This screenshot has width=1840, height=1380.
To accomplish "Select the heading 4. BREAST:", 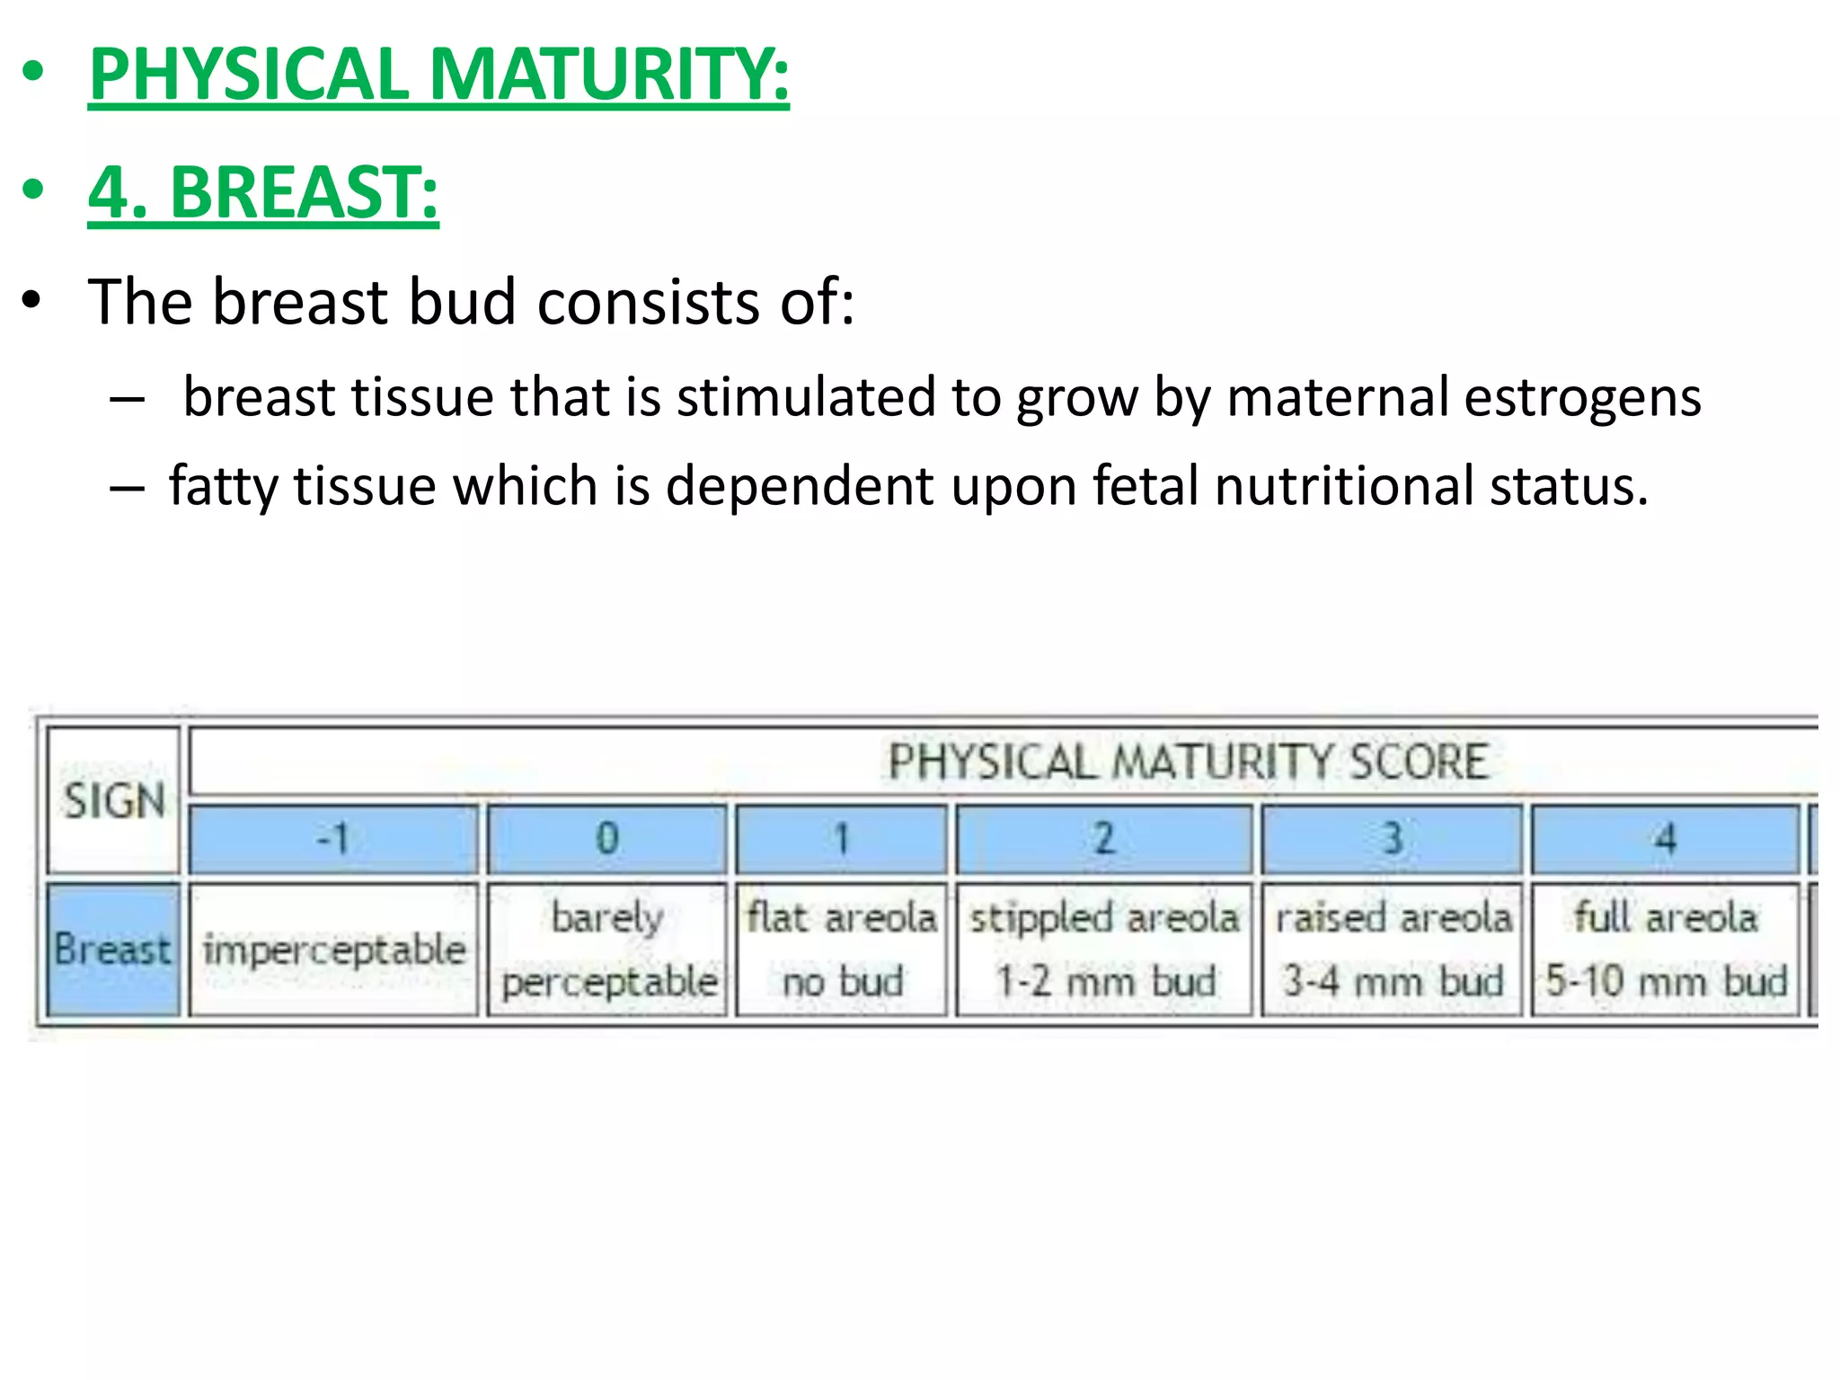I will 263,192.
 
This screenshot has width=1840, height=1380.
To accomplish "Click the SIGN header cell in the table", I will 114,800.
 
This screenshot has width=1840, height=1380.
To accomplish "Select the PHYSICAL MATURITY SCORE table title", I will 1188,762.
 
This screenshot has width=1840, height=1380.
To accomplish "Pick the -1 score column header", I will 333,839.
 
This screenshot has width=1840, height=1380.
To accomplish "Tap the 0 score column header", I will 607,839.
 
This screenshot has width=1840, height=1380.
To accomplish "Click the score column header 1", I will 841,839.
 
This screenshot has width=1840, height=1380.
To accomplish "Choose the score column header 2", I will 1103,839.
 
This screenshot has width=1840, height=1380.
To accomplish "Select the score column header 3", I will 1392,839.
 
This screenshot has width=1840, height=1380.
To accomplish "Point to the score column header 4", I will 1665,839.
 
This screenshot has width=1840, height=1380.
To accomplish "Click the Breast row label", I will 113,950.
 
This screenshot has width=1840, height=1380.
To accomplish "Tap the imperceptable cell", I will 333,950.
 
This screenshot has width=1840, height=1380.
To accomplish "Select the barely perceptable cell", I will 607,950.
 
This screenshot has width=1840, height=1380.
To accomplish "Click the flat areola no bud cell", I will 841,950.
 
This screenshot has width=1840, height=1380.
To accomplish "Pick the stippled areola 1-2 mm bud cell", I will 1103,950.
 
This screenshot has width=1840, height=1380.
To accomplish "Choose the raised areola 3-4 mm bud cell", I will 1392,950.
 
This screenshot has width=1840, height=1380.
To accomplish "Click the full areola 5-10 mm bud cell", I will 1665,950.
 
